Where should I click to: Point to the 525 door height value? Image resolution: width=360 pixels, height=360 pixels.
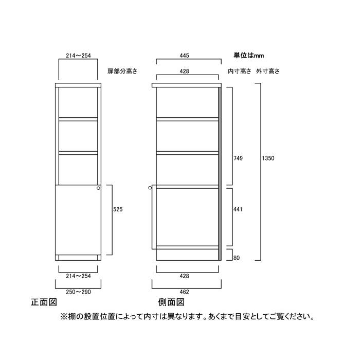coord(117,210)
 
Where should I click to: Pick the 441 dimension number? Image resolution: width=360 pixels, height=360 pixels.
coord(237,210)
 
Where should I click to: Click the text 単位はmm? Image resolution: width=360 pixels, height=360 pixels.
coord(249,55)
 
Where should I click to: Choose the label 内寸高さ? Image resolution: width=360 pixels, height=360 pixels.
coord(239,71)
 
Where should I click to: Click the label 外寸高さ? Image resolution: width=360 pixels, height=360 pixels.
coord(269,71)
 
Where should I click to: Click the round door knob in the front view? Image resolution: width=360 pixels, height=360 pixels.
coord(98,189)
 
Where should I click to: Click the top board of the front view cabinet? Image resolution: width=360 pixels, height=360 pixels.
coord(78,84)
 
